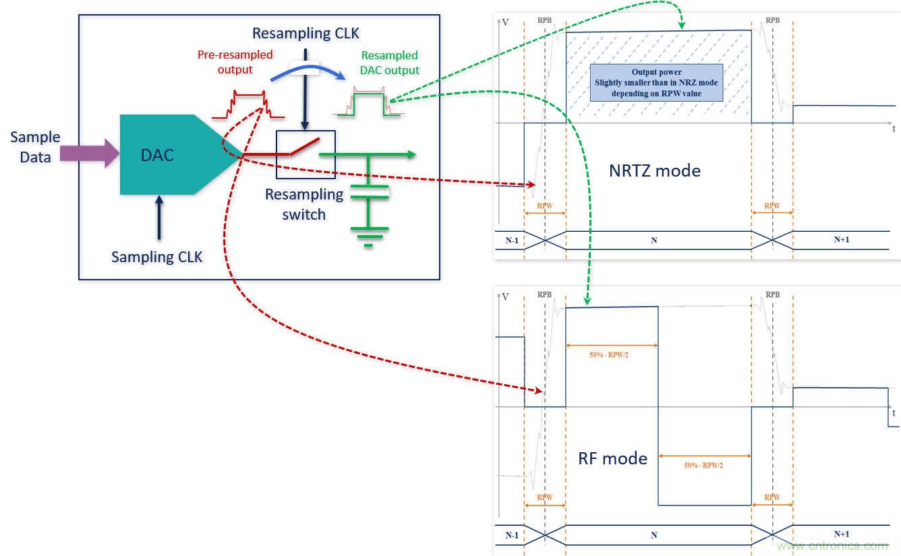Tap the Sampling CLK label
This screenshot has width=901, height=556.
click(x=156, y=257)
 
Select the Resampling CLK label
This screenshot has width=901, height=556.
click(x=306, y=33)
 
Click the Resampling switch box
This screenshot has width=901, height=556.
click(x=305, y=154)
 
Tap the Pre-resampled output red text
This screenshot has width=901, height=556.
click(x=235, y=62)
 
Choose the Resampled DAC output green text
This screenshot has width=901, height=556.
click(x=389, y=63)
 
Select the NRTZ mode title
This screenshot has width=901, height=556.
click(x=654, y=171)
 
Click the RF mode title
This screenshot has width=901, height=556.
click(x=612, y=459)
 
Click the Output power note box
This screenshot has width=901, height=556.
click(x=656, y=82)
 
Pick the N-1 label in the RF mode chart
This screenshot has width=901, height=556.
click(x=512, y=535)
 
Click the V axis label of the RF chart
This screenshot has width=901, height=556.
click(x=506, y=297)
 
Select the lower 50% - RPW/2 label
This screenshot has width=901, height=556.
click(x=704, y=464)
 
